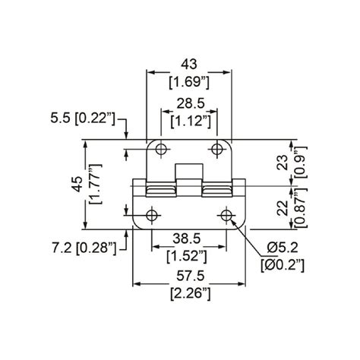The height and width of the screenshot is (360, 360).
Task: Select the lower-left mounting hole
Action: tap(152, 216)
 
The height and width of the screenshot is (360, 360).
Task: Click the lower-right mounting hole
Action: tap(226, 216)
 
